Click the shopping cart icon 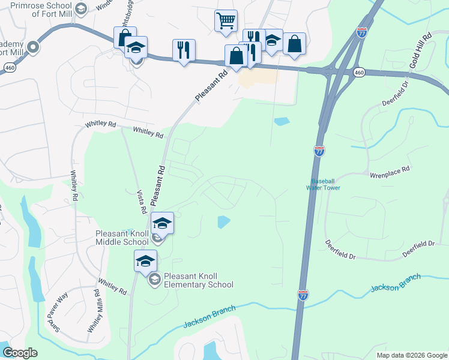[x=226, y=20]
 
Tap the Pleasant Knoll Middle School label [x=122, y=238]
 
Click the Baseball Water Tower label [x=325, y=184]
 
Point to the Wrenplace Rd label [x=389, y=170]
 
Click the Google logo [x=20, y=353]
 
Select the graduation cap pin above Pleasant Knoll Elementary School [x=145, y=261]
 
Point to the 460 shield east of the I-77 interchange [x=358, y=73]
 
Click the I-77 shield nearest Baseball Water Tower [x=319, y=151]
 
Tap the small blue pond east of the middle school [x=223, y=222]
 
